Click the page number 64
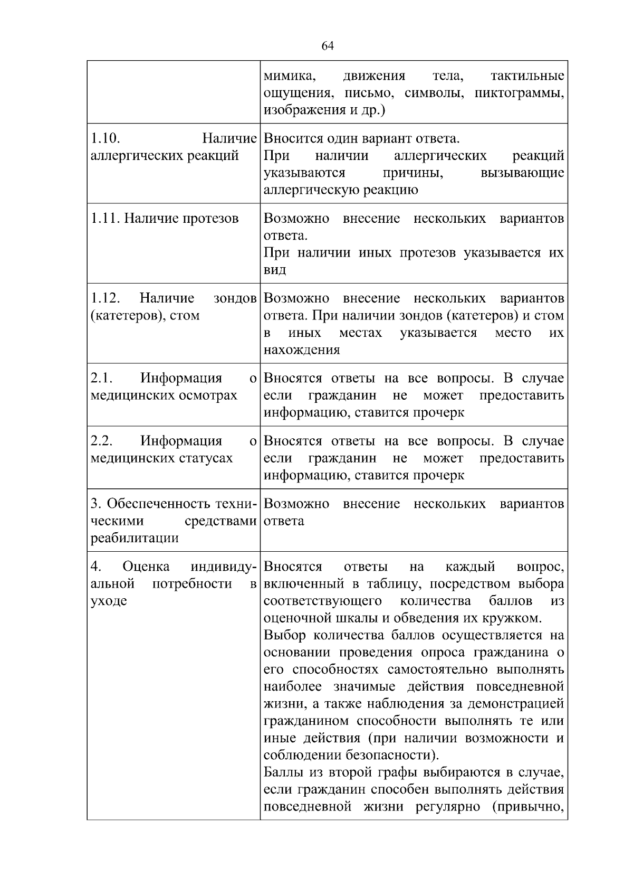[x=327, y=46]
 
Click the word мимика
[x=289, y=76]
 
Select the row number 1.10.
[x=105, y=139]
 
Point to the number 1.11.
[x=105, y=219]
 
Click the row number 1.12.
[x=105, y=298]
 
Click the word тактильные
[x=527, y=76]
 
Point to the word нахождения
[x=302, y=350]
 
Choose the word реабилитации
[x=135, y=538]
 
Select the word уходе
[x=109, y=601]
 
